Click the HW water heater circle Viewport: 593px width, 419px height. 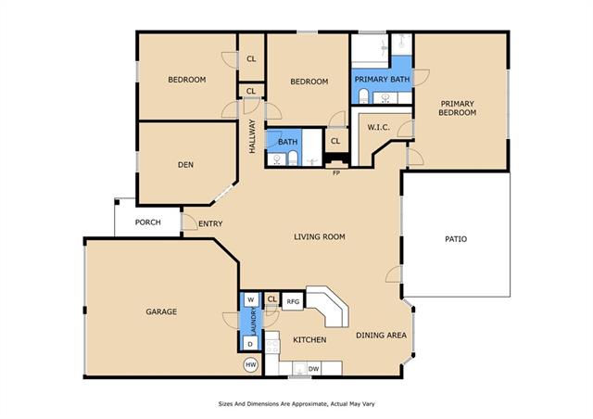pos(251,365)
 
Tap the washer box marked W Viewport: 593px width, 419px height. pos(251,299)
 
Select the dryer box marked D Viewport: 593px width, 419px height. pos(250,344)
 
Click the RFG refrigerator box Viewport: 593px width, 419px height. pos(293,301)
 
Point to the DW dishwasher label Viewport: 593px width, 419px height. pos(313,369)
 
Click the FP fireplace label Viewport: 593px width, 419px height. pos(336,173)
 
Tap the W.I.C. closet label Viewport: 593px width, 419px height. pos(378,128)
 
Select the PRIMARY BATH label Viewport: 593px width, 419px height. pos(382,80)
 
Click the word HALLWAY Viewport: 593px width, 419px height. pos(252,136)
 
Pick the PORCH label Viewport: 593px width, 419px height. pos(148,222)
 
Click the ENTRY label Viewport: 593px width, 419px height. pos(210,223)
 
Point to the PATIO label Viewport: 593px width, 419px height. pos(456,239)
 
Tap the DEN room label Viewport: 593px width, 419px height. pos(185,165)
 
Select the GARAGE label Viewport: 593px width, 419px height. pos(161,311)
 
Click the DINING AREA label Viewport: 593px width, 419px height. pos(381,335)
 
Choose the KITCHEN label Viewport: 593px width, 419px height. pos(309,340)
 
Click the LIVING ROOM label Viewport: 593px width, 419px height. pos(320,237)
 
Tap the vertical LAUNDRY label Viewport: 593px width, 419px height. pos(253,321)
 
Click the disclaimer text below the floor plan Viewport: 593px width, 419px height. pos(296,404)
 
